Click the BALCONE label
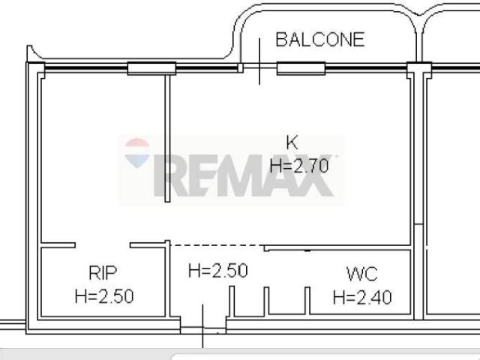tap(320, 40)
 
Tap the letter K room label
tap(292, 142)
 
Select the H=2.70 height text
tap(299, 166)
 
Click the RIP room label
tap(103, 273)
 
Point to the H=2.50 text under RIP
tap(104, 296)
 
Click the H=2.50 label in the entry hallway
tap(218, 271)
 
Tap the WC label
tap(362, 274)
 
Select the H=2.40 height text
tap(362, 298)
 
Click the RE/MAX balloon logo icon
tap(136, 153)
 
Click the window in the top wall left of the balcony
tap(151, 68)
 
